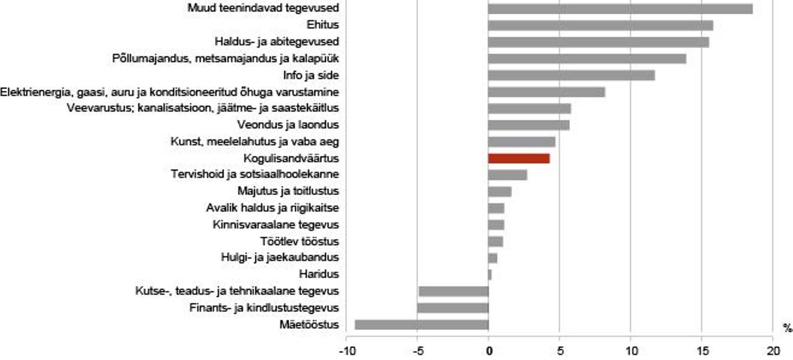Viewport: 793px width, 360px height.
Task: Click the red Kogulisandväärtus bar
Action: point(519,159)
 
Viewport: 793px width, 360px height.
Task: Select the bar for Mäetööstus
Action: point(421,325)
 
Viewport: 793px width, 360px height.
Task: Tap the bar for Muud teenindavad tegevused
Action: point(620,9)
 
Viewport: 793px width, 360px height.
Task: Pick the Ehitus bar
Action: point(600,26)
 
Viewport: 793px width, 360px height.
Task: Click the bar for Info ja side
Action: point(571,76)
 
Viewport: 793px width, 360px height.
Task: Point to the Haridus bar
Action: point(490,275)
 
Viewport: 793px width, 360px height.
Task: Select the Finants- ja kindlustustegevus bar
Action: point(453,308)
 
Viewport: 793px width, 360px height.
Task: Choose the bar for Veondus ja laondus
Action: point(529,125)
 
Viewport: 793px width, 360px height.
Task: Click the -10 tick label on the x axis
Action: point(347,351)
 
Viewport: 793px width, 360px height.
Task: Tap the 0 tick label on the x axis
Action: point(489,351)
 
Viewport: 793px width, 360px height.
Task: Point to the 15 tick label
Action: point(702,351)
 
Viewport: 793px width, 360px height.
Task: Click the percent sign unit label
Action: point(787,328)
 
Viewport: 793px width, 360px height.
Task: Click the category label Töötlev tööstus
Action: point(299,242)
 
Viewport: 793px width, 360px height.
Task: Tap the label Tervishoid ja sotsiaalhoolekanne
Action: point(255,174)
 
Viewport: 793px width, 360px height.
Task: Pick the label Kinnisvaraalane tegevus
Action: point(275,225)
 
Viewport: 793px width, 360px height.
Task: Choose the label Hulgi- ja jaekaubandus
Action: point(280,258)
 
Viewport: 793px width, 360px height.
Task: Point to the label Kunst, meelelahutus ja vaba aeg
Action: point(254,142)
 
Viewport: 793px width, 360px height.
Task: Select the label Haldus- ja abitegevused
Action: point(277,42)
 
